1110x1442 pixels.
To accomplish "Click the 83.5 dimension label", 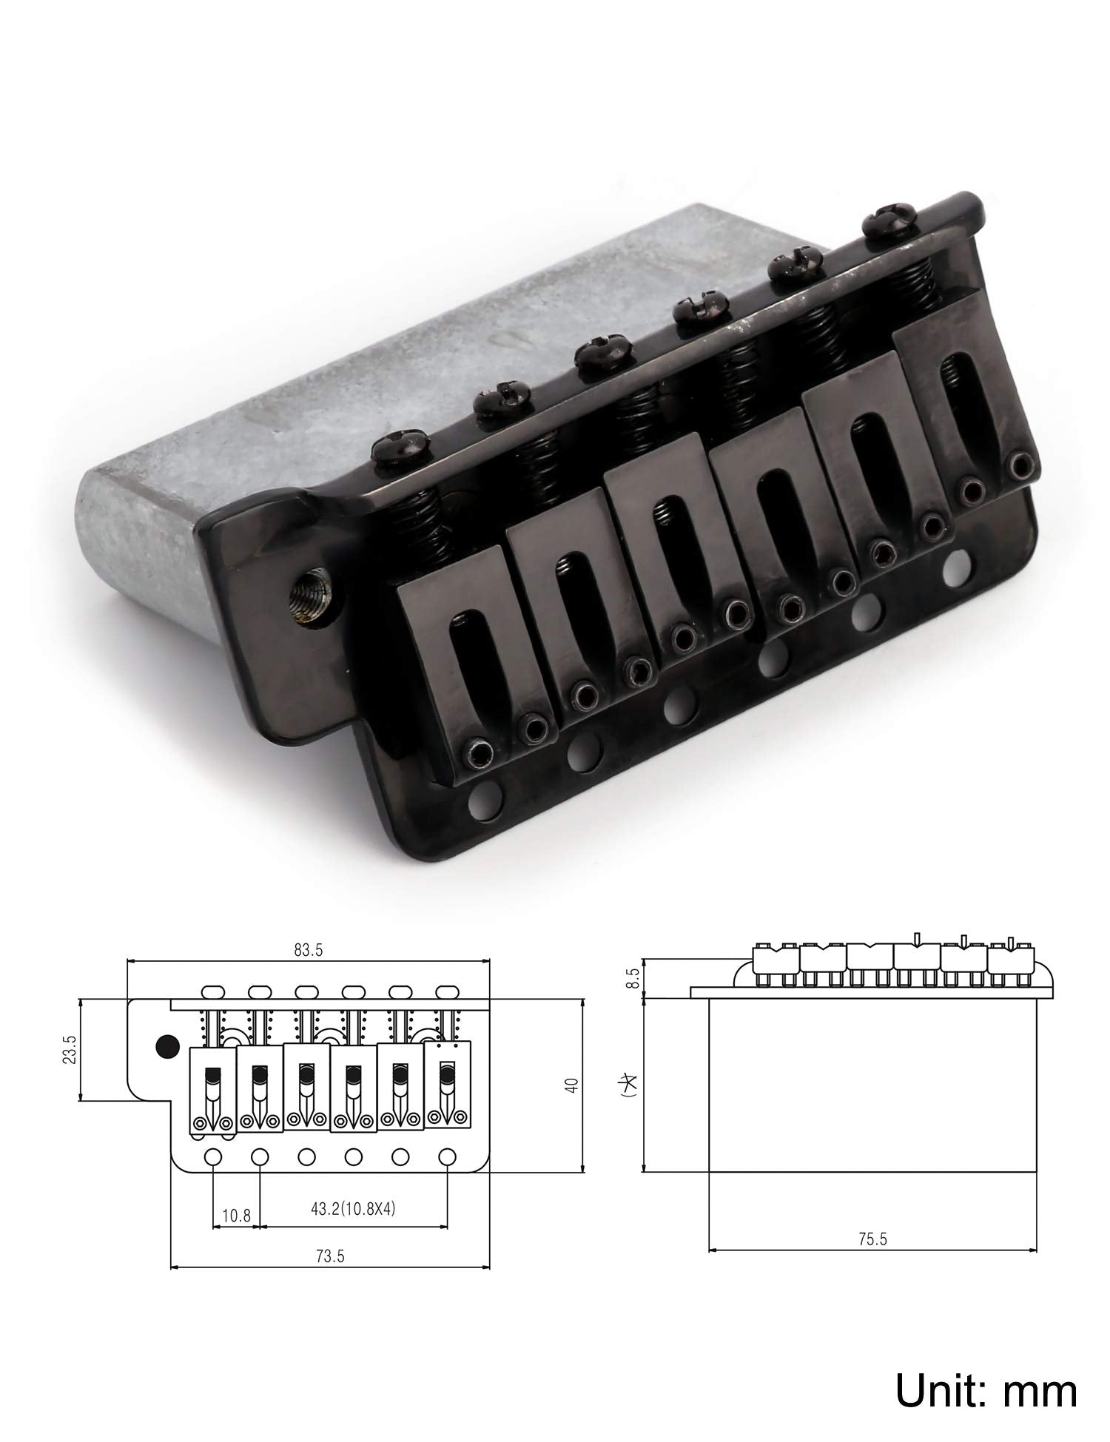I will pos(308,951).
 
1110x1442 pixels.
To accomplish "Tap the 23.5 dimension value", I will pos(71,1049).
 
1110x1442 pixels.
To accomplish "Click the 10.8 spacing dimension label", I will pos(236,1215).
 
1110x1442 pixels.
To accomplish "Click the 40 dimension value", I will pos(570,1085).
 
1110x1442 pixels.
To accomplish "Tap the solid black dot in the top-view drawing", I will pos(168,1045).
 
